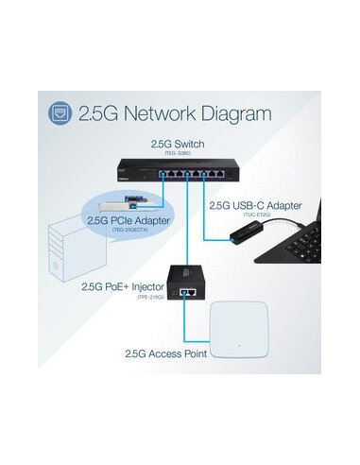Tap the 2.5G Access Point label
click(x=166, y=353)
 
